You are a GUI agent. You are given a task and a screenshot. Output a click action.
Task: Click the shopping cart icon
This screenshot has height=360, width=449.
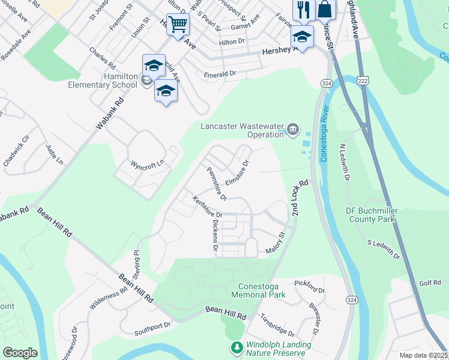(x=178, y=25)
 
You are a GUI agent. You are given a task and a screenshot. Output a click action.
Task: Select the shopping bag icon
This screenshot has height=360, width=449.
(x=325, y=9)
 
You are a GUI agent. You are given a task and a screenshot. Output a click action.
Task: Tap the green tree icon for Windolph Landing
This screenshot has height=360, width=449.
(x=237, y=348)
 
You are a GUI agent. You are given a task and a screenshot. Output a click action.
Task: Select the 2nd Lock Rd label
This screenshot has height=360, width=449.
(x=300, y=199)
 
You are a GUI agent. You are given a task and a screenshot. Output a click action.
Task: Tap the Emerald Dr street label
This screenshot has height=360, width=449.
(x=220, y=74)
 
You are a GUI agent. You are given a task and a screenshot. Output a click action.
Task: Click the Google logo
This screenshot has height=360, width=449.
(x=20, y=353)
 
